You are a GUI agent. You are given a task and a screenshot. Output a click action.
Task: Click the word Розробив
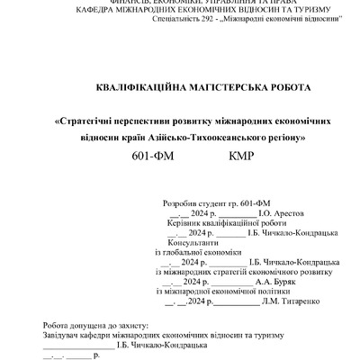[176, 204]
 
